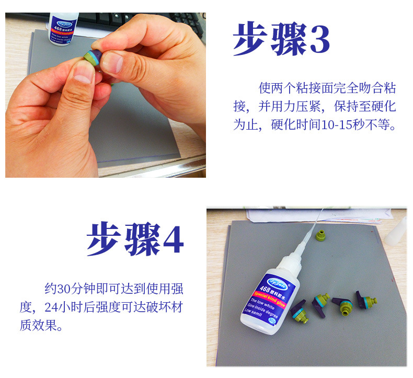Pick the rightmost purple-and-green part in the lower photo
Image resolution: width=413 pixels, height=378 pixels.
point(366,301)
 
